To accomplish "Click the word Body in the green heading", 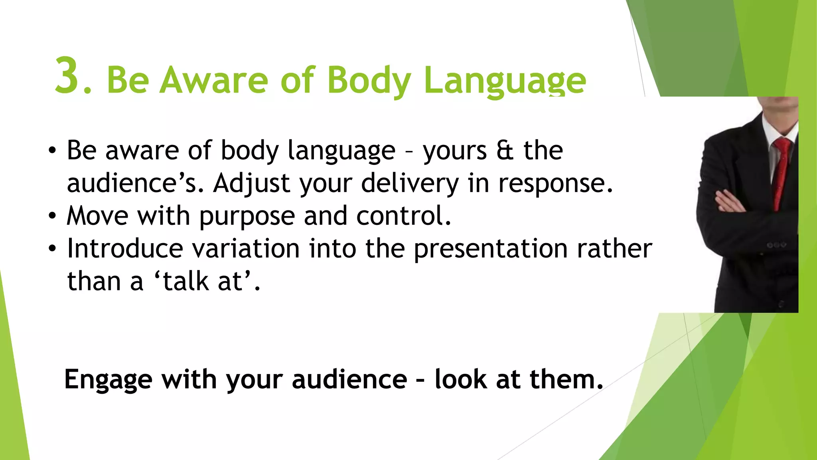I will (x=369, y=80).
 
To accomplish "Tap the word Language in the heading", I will (x=505, y=80).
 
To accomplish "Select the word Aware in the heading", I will (x=213, y=79).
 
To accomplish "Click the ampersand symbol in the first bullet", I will (x=505, y=151).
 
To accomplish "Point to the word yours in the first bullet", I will (x=455, y=151).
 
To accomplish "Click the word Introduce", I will (x=125, y=249).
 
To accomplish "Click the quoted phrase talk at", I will (x=203, y=282).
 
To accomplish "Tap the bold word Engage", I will (x=108, y=379).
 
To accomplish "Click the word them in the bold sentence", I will (x=565, y=379).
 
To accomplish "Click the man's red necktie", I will (x=781, y=172).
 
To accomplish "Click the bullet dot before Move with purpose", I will (x=52, y=216).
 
